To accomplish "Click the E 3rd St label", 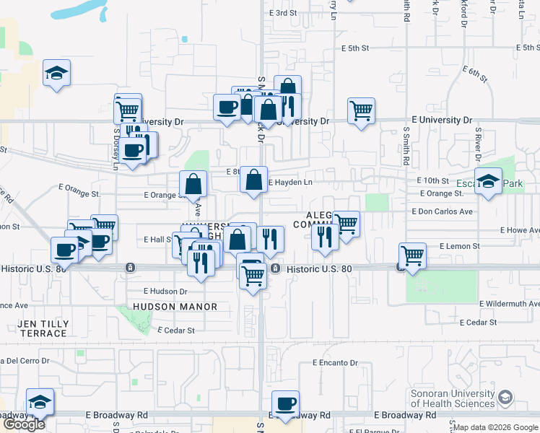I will [283, 13].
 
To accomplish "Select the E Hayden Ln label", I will [290, 183].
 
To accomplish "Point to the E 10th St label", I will [432, 180].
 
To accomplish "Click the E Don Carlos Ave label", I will [442, 211].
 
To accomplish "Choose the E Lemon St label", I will [456, 246].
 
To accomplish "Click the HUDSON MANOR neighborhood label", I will [175, 307].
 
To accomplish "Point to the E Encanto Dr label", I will [335, 363].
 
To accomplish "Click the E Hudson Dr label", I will [165, 292].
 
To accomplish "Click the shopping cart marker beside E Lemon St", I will [412, 255].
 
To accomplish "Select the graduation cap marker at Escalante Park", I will [489, 181].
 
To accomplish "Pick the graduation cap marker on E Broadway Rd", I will [40, 401].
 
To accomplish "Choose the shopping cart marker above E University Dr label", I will [360, 110].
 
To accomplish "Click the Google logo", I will [24, 424].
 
